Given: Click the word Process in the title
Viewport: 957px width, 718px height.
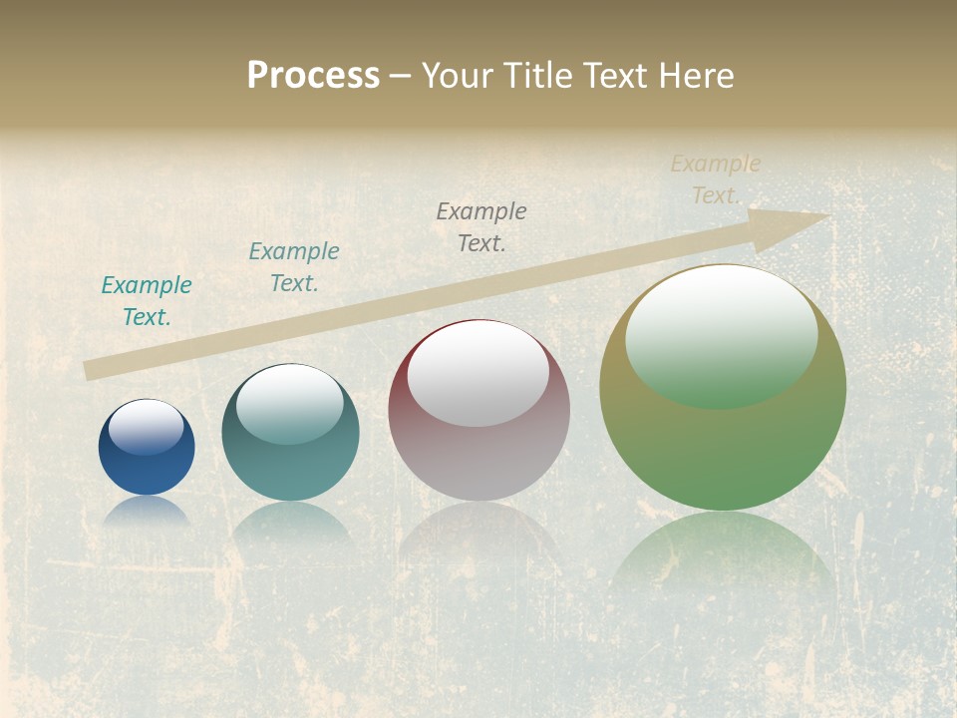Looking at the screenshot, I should point(313,76).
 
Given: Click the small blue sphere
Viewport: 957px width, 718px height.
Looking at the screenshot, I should point(147,469).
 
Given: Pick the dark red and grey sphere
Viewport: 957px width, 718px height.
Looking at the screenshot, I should point(478,459).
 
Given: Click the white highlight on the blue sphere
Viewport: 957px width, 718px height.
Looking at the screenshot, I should point(147,427).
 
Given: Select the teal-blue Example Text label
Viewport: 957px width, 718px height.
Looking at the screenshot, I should point(294,267).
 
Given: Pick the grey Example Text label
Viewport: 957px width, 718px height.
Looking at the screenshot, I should point(481,226).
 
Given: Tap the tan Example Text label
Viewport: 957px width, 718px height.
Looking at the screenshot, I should point(716,179).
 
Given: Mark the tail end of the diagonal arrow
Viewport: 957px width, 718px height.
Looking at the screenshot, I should point(92,370).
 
